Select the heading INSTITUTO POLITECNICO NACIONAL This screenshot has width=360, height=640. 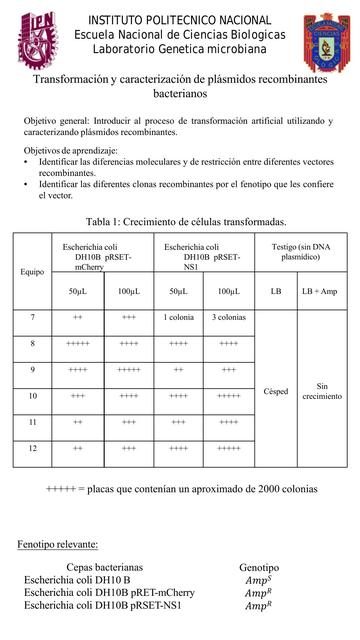pyautogui.click(x=179, y=20)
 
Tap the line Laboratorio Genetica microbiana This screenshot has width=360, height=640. pyautogui.click(x=179, y=50)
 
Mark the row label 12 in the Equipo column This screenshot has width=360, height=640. pyautogui.click(x=32, y=448)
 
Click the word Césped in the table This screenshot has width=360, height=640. pyautogui.click(x=275, y=391)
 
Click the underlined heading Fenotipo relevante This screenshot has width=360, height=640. pyautogui.click(x=58, y=544)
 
